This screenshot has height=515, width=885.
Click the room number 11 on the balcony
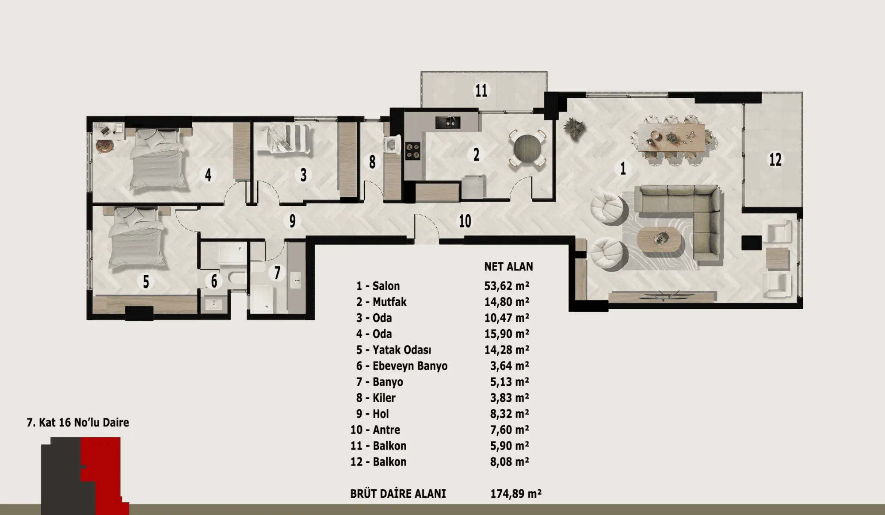point(481,91)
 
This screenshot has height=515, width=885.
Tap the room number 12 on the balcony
point(775,160)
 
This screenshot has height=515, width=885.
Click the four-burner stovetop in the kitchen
point(413,150)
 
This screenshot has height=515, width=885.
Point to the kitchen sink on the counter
point(448,122)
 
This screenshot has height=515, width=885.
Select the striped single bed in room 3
point(285,138)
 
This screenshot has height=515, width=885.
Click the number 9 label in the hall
point(292,221)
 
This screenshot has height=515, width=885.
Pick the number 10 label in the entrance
point(465,221)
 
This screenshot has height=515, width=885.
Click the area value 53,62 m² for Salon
point(507,286)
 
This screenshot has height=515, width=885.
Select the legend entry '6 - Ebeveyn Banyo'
point(402,366)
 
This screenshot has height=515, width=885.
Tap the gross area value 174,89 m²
point(516,494)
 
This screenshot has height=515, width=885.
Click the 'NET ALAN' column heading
point(508,266)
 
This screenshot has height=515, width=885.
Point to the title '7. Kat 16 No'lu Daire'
point(78,423)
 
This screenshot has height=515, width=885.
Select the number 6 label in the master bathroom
point(214,281)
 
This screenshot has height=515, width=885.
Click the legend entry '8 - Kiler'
point(376,398)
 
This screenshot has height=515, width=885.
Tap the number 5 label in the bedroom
point(146,282)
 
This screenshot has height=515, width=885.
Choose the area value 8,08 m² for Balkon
point(510,462)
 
